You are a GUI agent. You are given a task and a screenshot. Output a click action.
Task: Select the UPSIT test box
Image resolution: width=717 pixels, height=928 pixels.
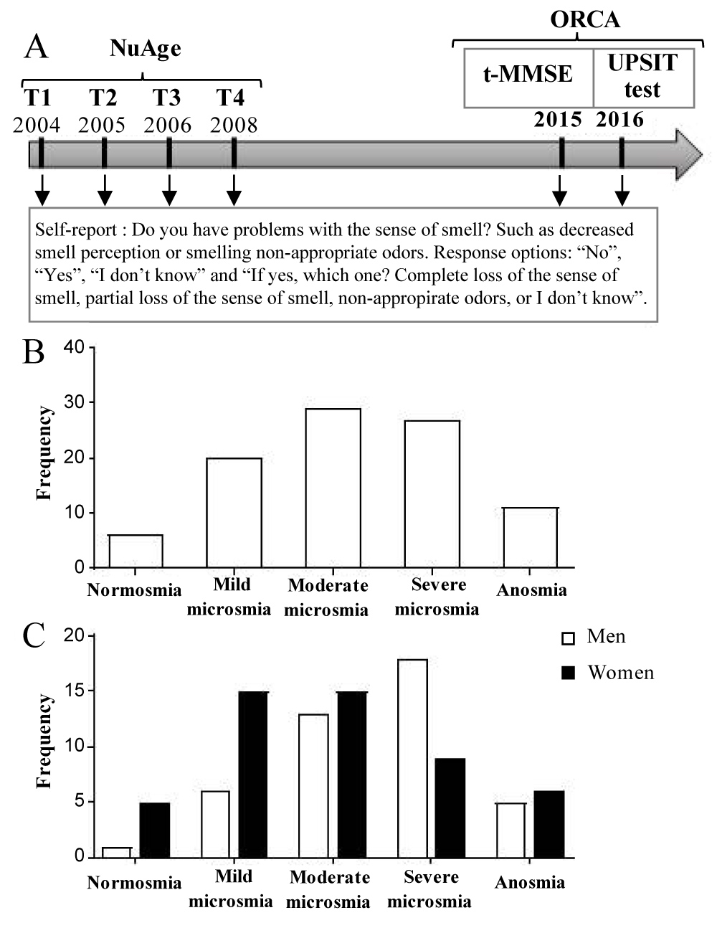point(642,76)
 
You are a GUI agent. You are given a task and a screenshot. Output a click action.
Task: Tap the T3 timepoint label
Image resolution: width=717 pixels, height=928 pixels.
point(167,98)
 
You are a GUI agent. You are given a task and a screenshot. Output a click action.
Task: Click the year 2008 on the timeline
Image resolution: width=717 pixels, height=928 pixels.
point(234,125)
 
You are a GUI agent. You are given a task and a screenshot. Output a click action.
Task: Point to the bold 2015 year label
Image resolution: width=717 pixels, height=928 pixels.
point(558,119)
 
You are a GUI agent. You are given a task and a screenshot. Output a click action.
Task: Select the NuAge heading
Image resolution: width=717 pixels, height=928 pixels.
point(146,49)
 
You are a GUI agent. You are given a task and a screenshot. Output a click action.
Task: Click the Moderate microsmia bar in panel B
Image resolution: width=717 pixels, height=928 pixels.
point(333,488)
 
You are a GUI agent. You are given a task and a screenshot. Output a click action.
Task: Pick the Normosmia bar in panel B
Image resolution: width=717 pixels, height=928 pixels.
point(135,551)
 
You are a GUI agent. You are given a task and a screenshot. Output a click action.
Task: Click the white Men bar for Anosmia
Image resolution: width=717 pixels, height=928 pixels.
point(510,830)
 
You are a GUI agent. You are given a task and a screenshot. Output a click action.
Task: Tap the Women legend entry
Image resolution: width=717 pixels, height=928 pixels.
point(620,673)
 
